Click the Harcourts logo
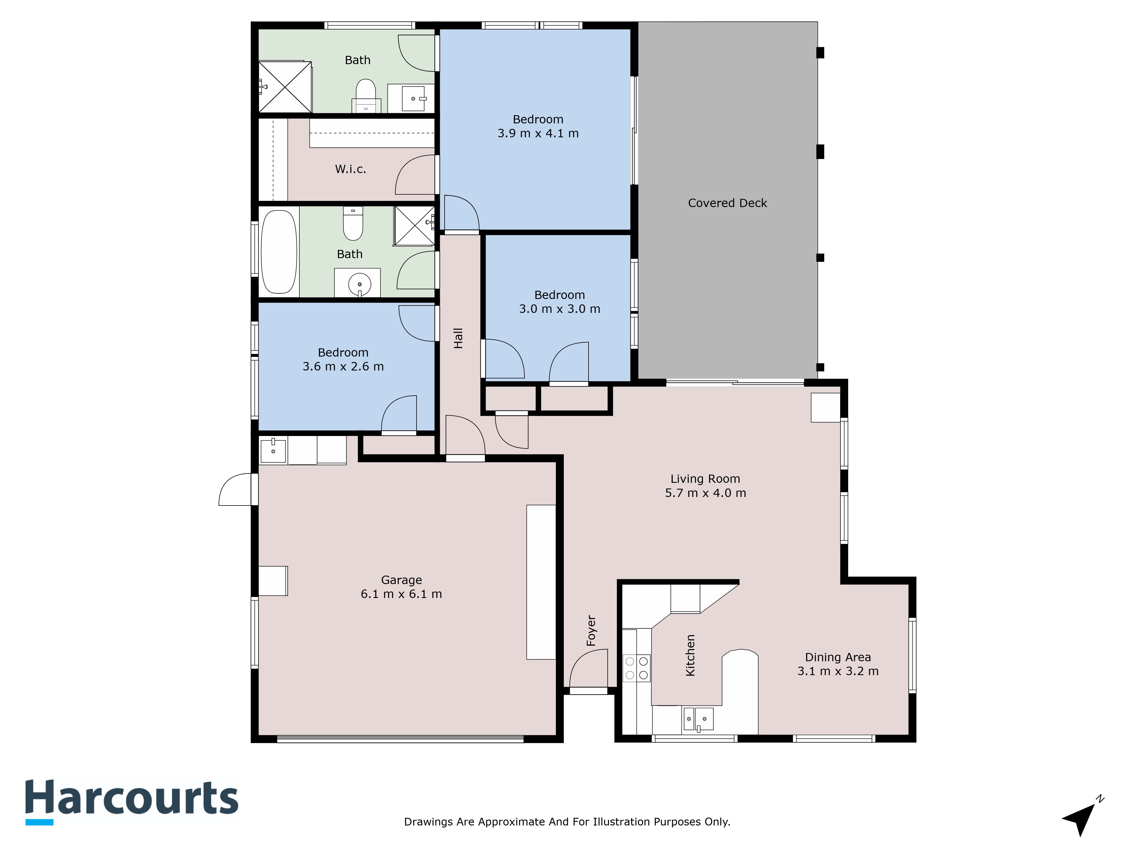pyautogui.click(x=132, y=802)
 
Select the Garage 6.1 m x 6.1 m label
pyautogui.click(x=401, y=587)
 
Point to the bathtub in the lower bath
pyautogui.click(x=279, y=252)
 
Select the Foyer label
pyautogui.click(x=591, y=630)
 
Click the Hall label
pyautogui.click(x=458, y=338)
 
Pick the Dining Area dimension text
pyautogui.click(x=838, y=671)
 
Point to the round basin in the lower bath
pyautogui.click(x=359, y=284)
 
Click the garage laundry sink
pyautogui.click(x=273, y=450)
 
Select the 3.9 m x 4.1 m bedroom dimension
pyautogui.click(x=538, y=133)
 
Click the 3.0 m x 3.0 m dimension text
pyautogui.click(x=559, y=309)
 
